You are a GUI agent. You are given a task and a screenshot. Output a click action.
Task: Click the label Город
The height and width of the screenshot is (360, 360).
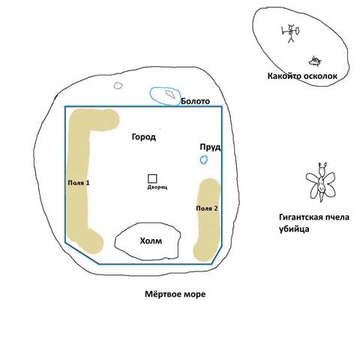(144, 137)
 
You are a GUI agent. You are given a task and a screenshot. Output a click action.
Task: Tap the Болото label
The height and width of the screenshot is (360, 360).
(195, 101)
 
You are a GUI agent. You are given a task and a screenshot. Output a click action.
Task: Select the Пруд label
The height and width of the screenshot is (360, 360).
(210, 147)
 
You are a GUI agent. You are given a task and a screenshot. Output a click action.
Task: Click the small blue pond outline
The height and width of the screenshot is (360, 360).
(204, 160)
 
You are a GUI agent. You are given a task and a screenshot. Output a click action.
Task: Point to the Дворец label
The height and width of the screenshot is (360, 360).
(157, 187)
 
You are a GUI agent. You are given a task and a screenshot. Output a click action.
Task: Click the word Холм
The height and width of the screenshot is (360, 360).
(151, 241)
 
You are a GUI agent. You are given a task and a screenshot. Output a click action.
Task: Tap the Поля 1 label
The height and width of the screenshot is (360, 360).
(79, 183)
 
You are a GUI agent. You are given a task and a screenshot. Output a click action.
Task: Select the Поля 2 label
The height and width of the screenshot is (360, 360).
(207, 208)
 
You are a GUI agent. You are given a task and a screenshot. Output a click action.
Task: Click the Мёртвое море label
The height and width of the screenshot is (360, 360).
(175, 294)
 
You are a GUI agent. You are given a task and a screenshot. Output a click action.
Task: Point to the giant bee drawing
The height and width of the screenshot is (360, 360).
(320, 182)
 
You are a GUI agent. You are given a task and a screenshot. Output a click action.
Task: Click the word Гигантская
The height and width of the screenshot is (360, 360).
(300, 217)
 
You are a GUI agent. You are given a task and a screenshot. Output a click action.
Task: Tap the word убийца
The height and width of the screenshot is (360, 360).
(294, 229)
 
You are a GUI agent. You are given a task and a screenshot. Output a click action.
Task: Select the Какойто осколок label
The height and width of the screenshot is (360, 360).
(302, 76)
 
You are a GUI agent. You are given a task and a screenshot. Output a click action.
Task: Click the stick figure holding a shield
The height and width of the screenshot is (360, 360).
(290, 34)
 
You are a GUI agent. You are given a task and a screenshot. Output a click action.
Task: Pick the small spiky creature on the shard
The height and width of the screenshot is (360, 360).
(315, 61)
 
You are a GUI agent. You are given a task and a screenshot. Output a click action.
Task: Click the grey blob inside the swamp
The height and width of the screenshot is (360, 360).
(170, 94)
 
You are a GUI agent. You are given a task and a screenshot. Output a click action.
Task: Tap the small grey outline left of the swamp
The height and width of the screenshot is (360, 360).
(118, 85)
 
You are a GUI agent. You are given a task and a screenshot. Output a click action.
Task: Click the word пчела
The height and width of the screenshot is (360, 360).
(336, 217)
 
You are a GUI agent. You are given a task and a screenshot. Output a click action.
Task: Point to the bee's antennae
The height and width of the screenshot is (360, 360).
(322, 165)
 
